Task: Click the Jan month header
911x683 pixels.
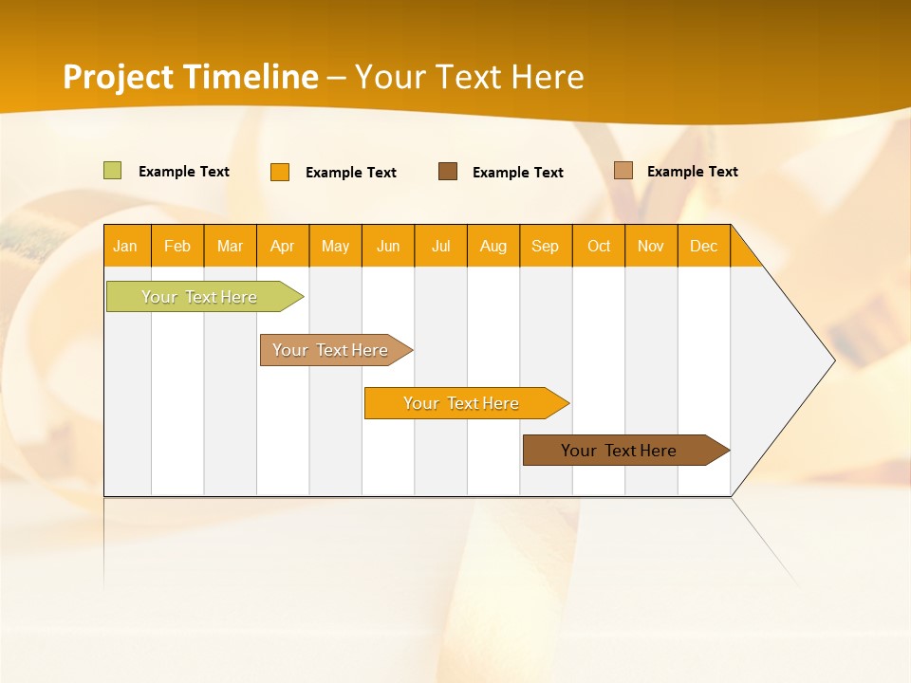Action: coord(125,246)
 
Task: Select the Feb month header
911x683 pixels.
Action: coord(177,246)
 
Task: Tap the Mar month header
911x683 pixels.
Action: coord(230,246)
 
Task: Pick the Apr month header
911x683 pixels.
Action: coord(282,246)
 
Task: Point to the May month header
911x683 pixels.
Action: coord(335,246)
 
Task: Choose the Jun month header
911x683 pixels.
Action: coord(388,246)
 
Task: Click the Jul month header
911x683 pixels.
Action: coord(440,246)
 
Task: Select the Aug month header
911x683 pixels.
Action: coord(493,246)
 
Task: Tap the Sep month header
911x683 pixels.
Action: coord(545,246)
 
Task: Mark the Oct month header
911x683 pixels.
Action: coord(599,246)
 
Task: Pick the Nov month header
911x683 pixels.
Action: coord(650,246)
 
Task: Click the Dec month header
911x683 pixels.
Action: coord(703,246)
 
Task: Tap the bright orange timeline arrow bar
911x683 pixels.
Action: coord(462,403)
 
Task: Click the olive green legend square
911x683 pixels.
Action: coord(113,171)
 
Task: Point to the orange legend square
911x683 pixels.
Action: coord(280,172)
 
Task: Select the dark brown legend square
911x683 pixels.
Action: coord(448,172)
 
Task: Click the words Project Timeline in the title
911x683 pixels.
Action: coord(191,77)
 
